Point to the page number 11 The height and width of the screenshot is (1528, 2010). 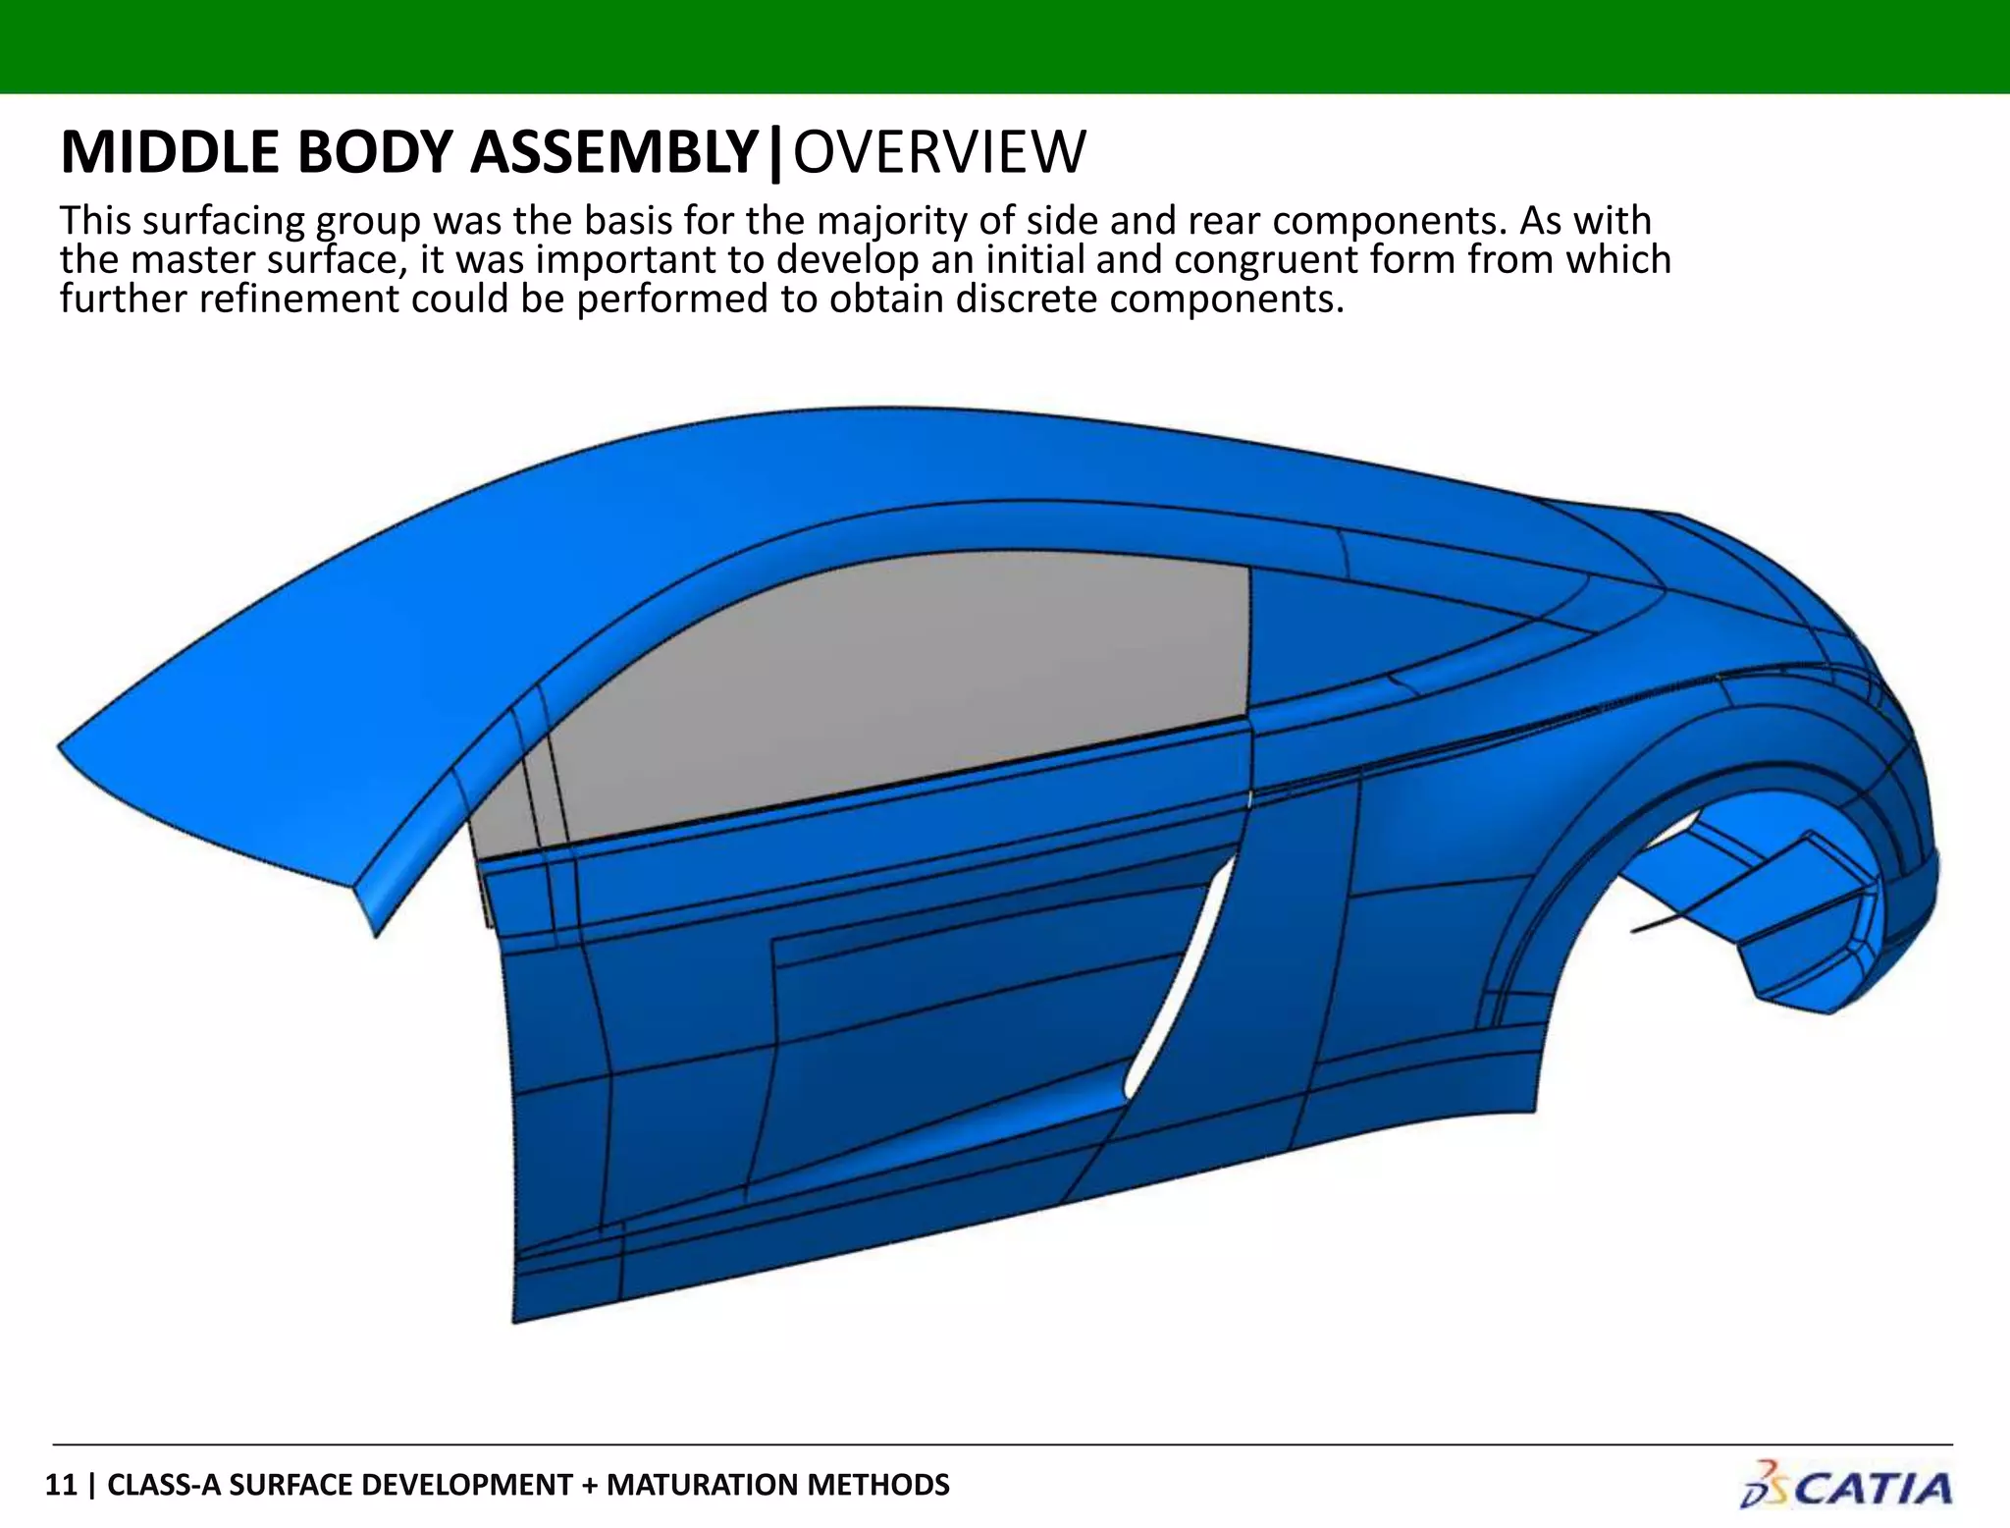tap(60, 1484)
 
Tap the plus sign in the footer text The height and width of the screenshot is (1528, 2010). tap(589, 1484)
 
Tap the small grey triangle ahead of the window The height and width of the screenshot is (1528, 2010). tap(501, 815)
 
